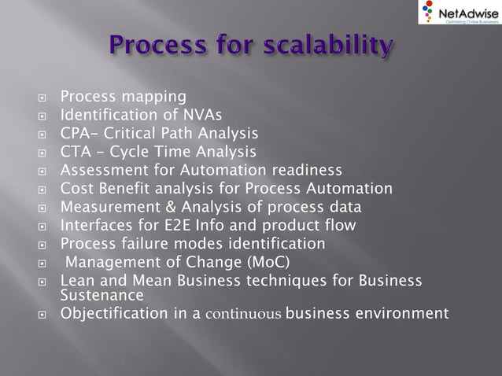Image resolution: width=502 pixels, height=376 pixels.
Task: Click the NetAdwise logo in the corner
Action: pos(456,13)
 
